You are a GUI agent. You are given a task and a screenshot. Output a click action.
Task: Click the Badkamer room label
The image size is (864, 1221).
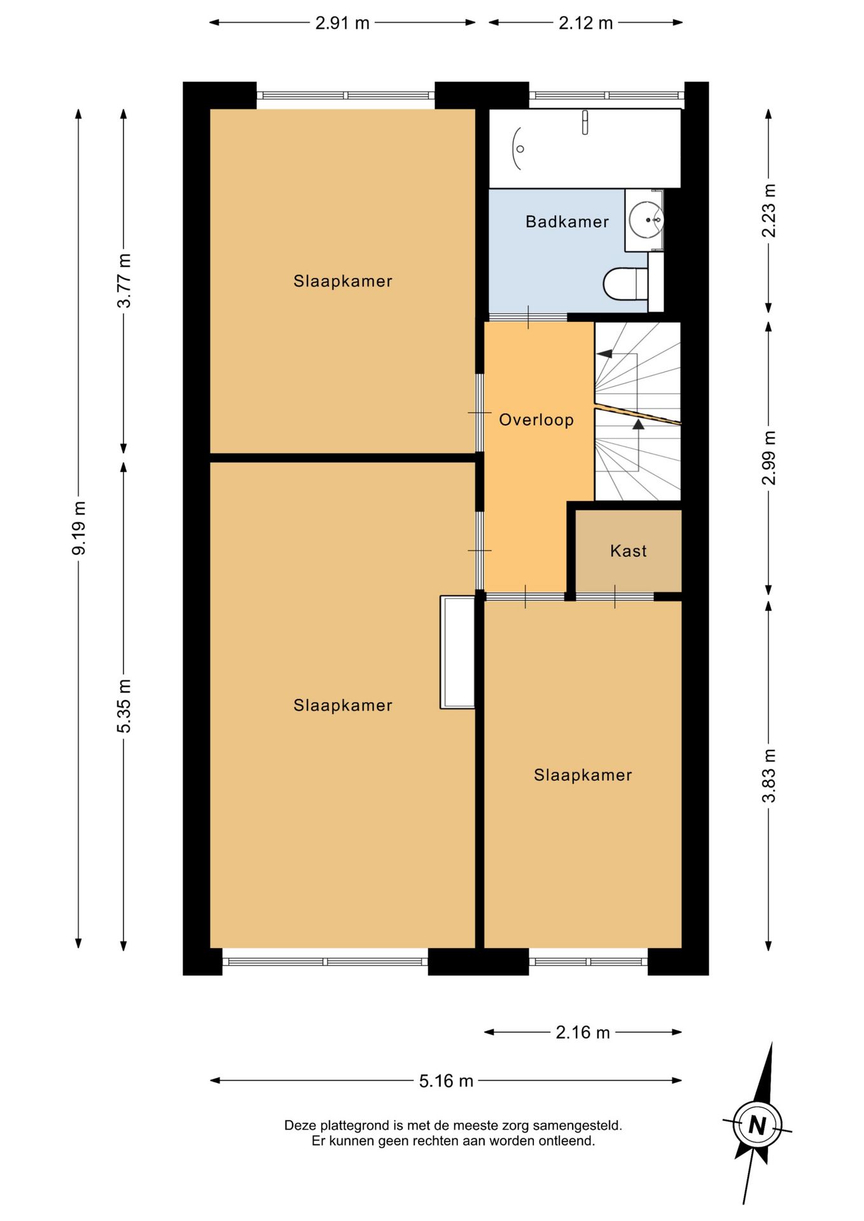[x=567, y=221]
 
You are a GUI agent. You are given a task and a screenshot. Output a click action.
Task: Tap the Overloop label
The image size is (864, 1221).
[x=536, y=420]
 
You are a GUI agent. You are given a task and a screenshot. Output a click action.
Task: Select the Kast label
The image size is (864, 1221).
[x=628, y=551]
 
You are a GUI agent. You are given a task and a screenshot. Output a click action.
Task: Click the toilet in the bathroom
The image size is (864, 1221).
[x=625, y=284]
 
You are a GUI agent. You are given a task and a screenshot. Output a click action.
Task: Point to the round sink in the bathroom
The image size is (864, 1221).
[x=646, y=219]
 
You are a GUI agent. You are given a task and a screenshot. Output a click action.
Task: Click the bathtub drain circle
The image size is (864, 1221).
[x=520, y=149]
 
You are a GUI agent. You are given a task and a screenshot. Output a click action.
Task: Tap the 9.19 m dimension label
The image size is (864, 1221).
[x=79, y=528]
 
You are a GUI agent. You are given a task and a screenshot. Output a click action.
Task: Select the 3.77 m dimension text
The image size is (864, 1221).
[x=124, y=280]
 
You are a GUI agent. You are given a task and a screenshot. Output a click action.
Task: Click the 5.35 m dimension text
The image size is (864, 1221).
[x=124, y=706]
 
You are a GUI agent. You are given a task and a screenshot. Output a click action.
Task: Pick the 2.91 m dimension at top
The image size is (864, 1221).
[x=342, y=23]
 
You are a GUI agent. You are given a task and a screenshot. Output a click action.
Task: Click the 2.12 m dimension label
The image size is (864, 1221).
[x=585, y=23]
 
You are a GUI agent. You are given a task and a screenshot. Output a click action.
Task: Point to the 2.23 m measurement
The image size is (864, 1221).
[x=769, y=210]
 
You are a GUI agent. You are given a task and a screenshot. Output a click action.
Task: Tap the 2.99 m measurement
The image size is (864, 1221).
[x=769, y=458]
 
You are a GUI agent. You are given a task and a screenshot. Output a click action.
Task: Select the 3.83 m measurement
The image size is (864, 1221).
[x=769, y=775]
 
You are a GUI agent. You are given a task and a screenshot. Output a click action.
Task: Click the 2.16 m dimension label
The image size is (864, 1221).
[x=583, y=1032]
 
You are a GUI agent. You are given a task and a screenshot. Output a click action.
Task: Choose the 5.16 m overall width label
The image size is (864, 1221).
[x=446, y=1081]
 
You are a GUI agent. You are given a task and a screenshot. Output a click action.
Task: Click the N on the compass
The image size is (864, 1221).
[x=757, y=1125]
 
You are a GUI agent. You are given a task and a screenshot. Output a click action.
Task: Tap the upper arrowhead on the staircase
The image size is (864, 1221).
[x=604, y=354]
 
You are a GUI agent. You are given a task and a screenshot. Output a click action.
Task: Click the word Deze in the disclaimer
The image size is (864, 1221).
[x=299, y=1126]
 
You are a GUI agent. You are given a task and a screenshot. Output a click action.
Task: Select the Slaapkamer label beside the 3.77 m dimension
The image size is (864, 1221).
[x=342, y=281]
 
